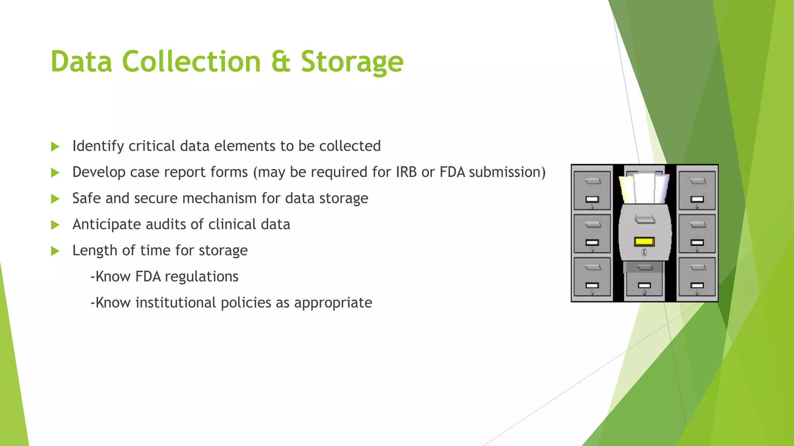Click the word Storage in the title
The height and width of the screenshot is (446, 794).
352,62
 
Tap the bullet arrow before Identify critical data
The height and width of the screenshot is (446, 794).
55,147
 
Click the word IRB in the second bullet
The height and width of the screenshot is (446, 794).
406,172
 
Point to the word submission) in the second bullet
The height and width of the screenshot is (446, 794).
507,172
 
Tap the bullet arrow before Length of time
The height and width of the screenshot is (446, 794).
55,251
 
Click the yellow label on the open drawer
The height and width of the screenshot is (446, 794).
644,242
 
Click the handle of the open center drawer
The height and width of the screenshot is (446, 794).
645,220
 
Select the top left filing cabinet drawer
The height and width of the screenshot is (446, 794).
592,190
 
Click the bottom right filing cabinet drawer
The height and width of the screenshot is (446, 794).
697,277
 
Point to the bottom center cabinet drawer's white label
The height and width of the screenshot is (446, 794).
644,286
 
